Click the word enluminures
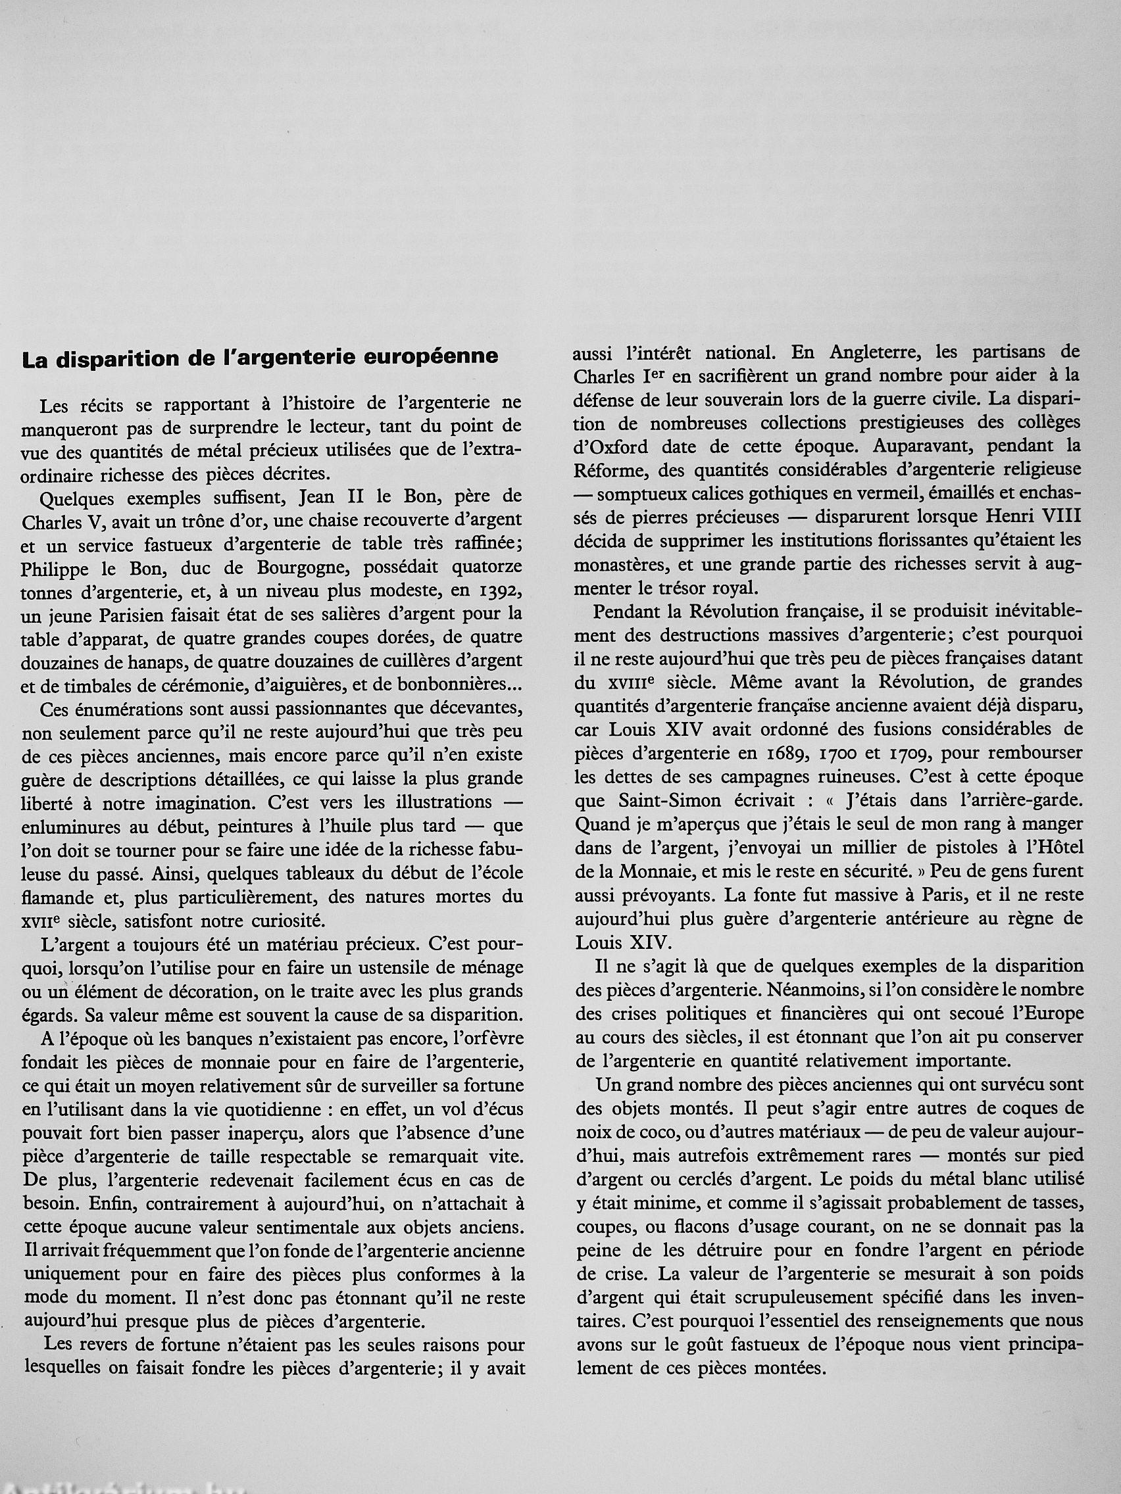(x=68, y=827)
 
